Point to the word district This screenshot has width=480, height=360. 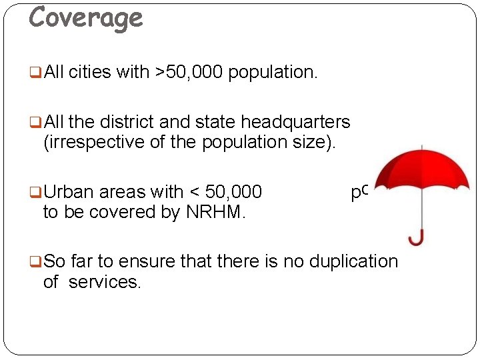(133, 123)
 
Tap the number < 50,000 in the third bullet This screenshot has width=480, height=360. (226, 193)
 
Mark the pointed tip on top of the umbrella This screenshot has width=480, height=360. (422, 146)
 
